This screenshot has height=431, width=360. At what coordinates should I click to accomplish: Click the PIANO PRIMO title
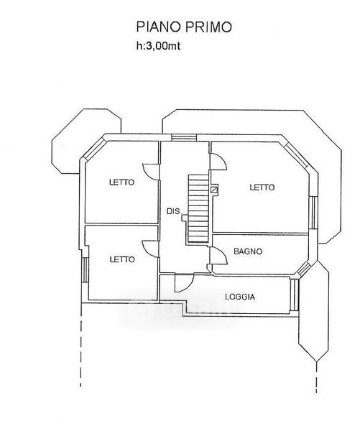tap(184, 27)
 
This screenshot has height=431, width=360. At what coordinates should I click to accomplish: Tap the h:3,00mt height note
tap(158, 46)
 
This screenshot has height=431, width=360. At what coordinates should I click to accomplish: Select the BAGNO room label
tap(248, 251)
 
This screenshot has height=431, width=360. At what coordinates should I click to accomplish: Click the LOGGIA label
tap(240, 297)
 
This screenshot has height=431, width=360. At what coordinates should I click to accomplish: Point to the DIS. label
tap(174, 211)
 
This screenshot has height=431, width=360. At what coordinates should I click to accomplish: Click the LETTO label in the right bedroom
tap(262, 187)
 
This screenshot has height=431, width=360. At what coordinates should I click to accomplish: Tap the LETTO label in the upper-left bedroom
tap(121, 182)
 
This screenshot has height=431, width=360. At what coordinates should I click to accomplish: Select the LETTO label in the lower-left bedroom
tap(122, 259)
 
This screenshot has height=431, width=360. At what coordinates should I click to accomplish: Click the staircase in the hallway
tap(198, 209)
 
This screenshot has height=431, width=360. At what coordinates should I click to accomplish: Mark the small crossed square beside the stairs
tap(214, 190)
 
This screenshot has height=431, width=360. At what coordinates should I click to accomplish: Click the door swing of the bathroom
tap(219, 256)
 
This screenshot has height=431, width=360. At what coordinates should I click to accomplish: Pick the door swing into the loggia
tap(184, 283)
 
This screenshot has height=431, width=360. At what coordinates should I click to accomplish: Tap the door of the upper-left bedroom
tap(151, 172)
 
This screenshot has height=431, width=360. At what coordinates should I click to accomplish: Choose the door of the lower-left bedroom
tap(151, 249)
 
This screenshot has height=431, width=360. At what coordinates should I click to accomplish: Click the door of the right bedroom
tap(218, 162)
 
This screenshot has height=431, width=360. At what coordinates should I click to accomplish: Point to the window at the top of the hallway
tap(184, 137)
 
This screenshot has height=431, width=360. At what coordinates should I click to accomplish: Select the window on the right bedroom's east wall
tap(312, 213)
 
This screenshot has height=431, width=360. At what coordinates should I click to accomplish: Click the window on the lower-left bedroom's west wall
tap(85, 270)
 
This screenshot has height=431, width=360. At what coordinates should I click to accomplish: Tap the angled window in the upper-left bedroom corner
tap(95, 149)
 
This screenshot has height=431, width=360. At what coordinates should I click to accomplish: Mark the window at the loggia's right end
tap(295, 295)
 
